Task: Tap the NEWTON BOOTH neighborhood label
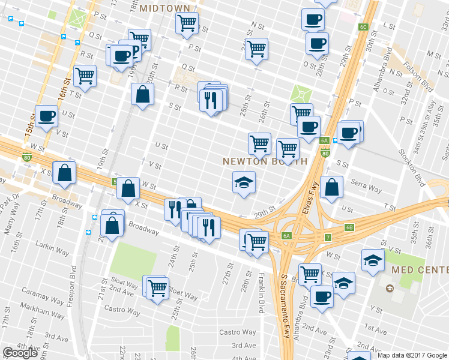click(265, 162)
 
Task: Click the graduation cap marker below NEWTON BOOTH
click(244, 182)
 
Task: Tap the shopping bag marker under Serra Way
click(331, 187)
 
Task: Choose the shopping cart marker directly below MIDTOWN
click(187, 23)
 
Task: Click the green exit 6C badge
click(363, 27)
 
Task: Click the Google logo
click(20, 352)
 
